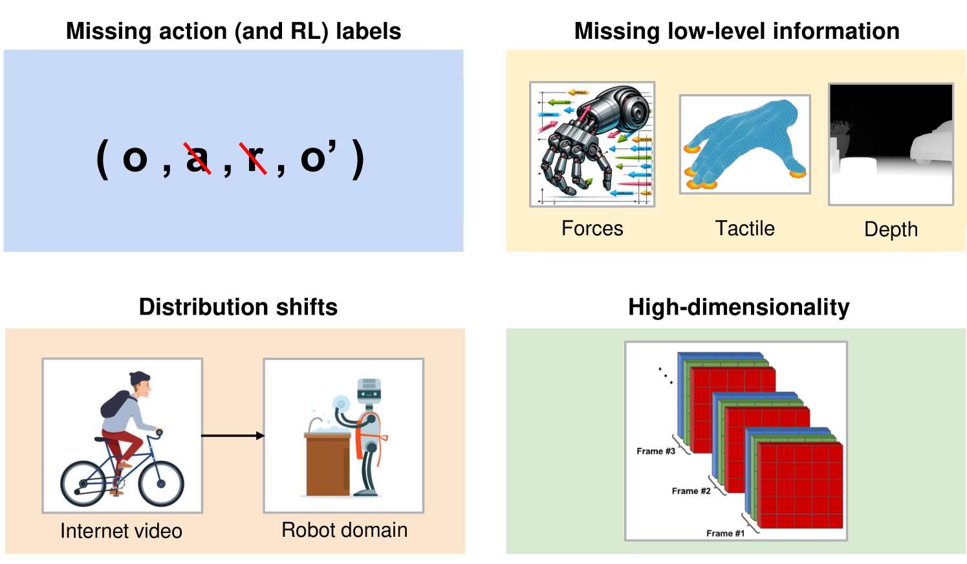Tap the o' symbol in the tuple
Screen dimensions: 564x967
tap(318, 157)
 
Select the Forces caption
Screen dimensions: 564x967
tap(592, 229)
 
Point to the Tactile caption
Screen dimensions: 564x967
tap(744, 229)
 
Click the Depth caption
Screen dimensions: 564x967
tap(891, 229)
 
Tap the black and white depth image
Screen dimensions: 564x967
tap(891, 144)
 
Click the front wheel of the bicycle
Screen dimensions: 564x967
tap(161, 483)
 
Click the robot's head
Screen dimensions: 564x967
tap(369, 389)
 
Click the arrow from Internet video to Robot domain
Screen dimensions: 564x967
tap(233, 436)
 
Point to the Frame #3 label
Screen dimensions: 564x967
tap(655, 451)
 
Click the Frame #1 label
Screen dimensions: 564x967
tap(725, 534)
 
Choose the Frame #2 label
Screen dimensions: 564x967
tap(691, 491)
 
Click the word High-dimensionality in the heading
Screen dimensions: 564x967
tap(739, 307)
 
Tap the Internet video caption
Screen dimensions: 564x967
tap(121, 531)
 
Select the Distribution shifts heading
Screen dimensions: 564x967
tap(238, 307)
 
